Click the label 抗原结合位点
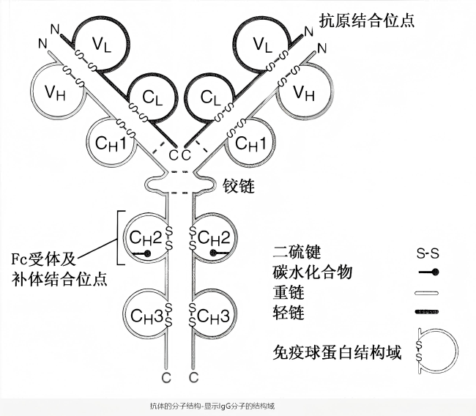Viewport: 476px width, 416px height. (x=367, y=20)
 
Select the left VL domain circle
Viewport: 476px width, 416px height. (x=103, y=44)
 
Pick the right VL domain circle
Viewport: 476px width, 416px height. (x=263, y=44)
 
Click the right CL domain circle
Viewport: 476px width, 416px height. (x=210, y=98)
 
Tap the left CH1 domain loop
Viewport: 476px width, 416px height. (x=110, y=141)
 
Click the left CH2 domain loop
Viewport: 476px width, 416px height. (x=144, y=238)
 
